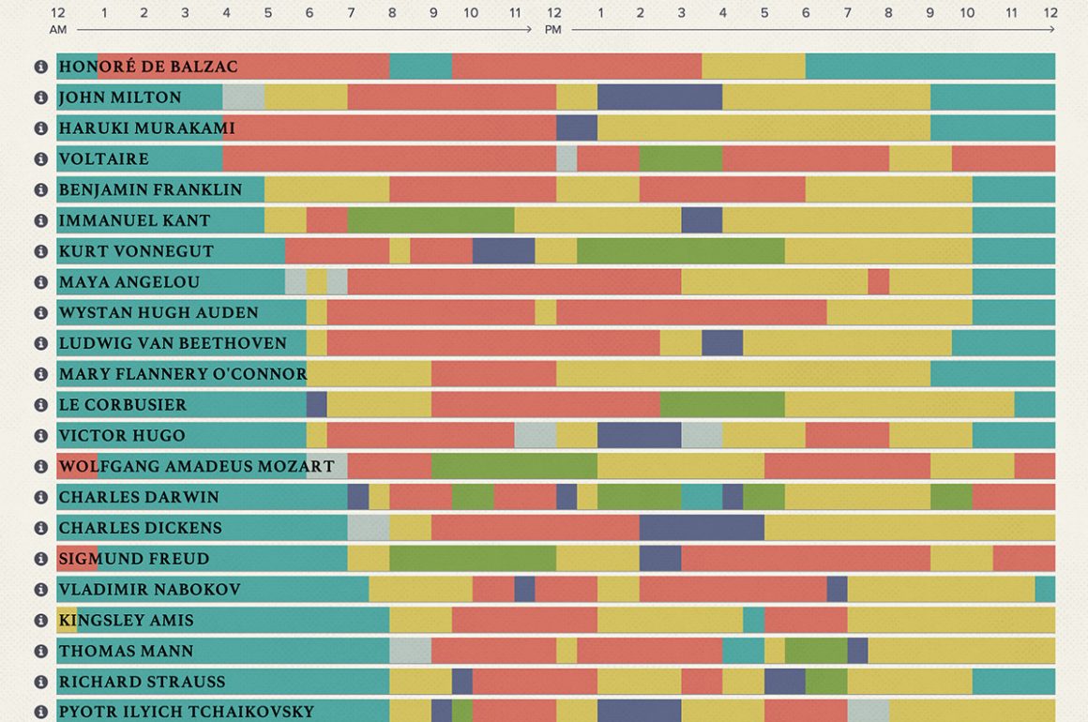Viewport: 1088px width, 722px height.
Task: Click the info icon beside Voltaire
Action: [x=40, y=159]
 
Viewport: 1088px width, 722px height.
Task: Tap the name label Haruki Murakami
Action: [x=146, y=128]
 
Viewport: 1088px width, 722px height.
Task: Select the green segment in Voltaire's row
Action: [x=680, y=158]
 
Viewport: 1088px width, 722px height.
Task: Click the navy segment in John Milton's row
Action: [x=659, y=98]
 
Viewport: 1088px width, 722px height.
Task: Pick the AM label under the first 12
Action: [x=58, y=30]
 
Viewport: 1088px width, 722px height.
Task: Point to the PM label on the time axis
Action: [x=553, y=30]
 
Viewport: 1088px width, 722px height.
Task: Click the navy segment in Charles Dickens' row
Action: [x=701, y=528]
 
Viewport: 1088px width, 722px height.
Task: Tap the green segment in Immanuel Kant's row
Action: [x=431, y=220]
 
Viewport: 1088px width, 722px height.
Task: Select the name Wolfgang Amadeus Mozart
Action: [x=196, y=467]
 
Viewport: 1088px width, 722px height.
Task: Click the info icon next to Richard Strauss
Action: [x=40, y=683]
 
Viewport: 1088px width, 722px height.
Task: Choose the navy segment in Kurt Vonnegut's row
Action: [x=504, y=251]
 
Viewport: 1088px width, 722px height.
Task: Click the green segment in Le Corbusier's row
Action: [x=721, y=405]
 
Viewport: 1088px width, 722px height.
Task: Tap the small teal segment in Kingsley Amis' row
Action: [x=753, y=620]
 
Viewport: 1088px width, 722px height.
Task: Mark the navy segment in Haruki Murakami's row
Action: [x=576, y=128]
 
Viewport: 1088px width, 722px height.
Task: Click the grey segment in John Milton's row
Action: [x=243, y=98]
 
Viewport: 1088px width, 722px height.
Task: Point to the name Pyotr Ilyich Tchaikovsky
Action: [x=186, y=713]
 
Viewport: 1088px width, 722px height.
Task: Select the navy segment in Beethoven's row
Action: [x=721, y=343]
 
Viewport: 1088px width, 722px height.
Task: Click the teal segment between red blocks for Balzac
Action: [x=420, y=67]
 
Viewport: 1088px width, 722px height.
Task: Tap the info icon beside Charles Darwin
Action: [x=40, y=498]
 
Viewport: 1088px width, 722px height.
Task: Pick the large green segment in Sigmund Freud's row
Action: [x=472, y=559]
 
